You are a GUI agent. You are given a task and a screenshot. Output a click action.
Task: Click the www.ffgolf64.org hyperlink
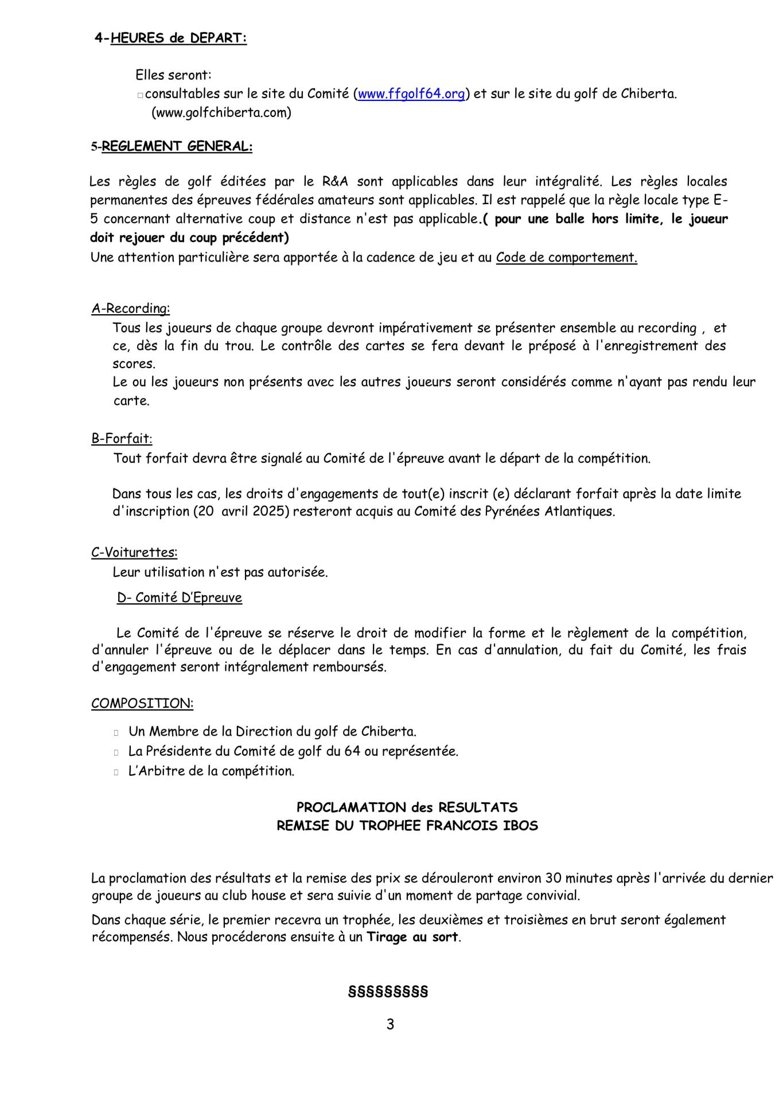point(411,94)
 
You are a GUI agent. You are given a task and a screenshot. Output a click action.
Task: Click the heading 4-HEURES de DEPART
point(171,38)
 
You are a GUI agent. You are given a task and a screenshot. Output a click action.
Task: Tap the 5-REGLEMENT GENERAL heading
point(172,146)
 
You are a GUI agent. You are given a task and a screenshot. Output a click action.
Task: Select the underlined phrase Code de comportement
point(566,257)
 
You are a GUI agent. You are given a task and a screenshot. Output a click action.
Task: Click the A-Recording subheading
point(131,309)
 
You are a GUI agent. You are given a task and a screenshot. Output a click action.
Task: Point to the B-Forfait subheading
point(122,439)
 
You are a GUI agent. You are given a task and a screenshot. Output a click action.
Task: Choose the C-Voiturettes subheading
point(134,553)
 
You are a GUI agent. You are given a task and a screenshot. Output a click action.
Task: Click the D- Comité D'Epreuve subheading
point(180,598)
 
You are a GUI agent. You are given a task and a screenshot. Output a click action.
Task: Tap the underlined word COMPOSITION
point(142,704)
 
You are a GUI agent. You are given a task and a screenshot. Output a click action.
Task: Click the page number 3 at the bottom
point(390,1024)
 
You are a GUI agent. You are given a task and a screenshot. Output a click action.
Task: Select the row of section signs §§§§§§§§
point(388,992)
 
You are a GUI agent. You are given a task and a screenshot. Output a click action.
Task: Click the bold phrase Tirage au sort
point(412,938)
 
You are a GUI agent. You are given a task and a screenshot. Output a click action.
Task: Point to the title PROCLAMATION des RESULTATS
point(407,807)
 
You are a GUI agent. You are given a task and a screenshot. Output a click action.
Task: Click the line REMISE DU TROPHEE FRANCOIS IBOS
point(407,826)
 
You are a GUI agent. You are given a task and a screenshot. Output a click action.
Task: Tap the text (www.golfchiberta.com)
point(221,113)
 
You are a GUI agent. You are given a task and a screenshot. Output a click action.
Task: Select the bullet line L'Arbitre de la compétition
point(211,771)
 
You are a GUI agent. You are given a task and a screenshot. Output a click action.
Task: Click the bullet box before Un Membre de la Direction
point(116,732)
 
